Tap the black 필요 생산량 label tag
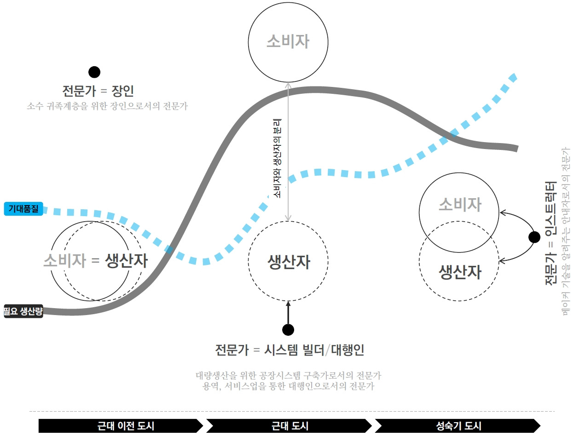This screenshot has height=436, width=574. (x=23, y=311)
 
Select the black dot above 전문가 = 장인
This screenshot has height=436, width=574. (x=94, y=72)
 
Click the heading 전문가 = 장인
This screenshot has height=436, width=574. (x=98, y=91)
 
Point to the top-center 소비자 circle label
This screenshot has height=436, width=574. (x=288, y=42)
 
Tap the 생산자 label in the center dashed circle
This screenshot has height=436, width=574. (x=289, y=262)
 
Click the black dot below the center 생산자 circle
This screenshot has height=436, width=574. (x=288, y=329)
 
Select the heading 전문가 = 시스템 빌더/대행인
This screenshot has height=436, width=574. (x=290, y=350)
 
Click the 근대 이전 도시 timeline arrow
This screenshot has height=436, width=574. (x=121, y=426)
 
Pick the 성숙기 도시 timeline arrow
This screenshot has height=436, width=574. (x=458, y=426)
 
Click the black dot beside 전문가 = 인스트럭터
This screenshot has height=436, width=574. (x=534, y=237)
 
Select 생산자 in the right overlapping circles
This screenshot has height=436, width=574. (x=459, y=272)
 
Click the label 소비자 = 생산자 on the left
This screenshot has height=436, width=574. (x=96, y=261)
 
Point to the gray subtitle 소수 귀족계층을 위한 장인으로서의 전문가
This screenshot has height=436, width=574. (x=107, y=106)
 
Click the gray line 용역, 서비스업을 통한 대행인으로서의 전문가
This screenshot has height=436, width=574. (x=289, y=386)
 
